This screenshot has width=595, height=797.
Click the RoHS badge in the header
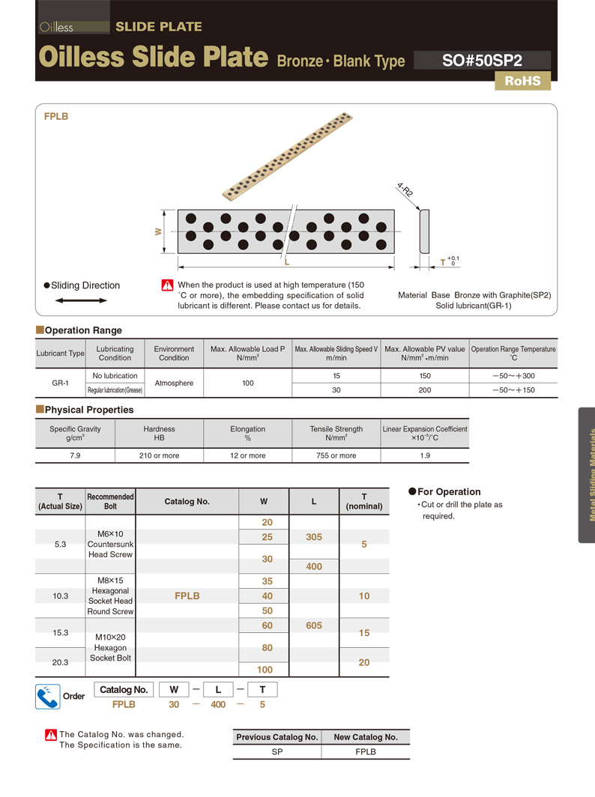click(522, 81)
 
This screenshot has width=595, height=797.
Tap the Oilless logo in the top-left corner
click(57, 27)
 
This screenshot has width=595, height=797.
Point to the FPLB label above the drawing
click(56, 117)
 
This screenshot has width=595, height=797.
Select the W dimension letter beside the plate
click(158, 232)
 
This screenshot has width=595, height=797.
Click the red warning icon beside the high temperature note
click(167, 285)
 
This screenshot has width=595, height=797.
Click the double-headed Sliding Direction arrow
click(82, 300)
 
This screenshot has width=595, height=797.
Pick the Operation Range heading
click(83, 330)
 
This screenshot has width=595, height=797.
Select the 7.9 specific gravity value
click(75, 455)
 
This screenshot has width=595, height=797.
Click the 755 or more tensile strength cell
click(336, 455)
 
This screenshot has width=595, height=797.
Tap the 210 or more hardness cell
click(159, 455)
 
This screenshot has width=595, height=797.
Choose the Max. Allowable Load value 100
click(248, 383)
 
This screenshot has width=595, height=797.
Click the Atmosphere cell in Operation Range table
click(174, 383)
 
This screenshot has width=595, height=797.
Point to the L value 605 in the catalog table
click(314, 625)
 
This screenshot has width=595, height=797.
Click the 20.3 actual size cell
click(61, 662)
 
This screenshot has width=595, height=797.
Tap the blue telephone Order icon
click(47, 697)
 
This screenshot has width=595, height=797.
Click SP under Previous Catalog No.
click(277, 751)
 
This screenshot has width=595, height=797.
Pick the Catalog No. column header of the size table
click(187, 502)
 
